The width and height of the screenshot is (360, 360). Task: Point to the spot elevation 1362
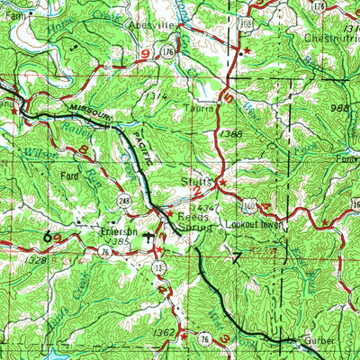pos(163,333)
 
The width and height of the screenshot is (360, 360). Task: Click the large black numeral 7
pos(236,260)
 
